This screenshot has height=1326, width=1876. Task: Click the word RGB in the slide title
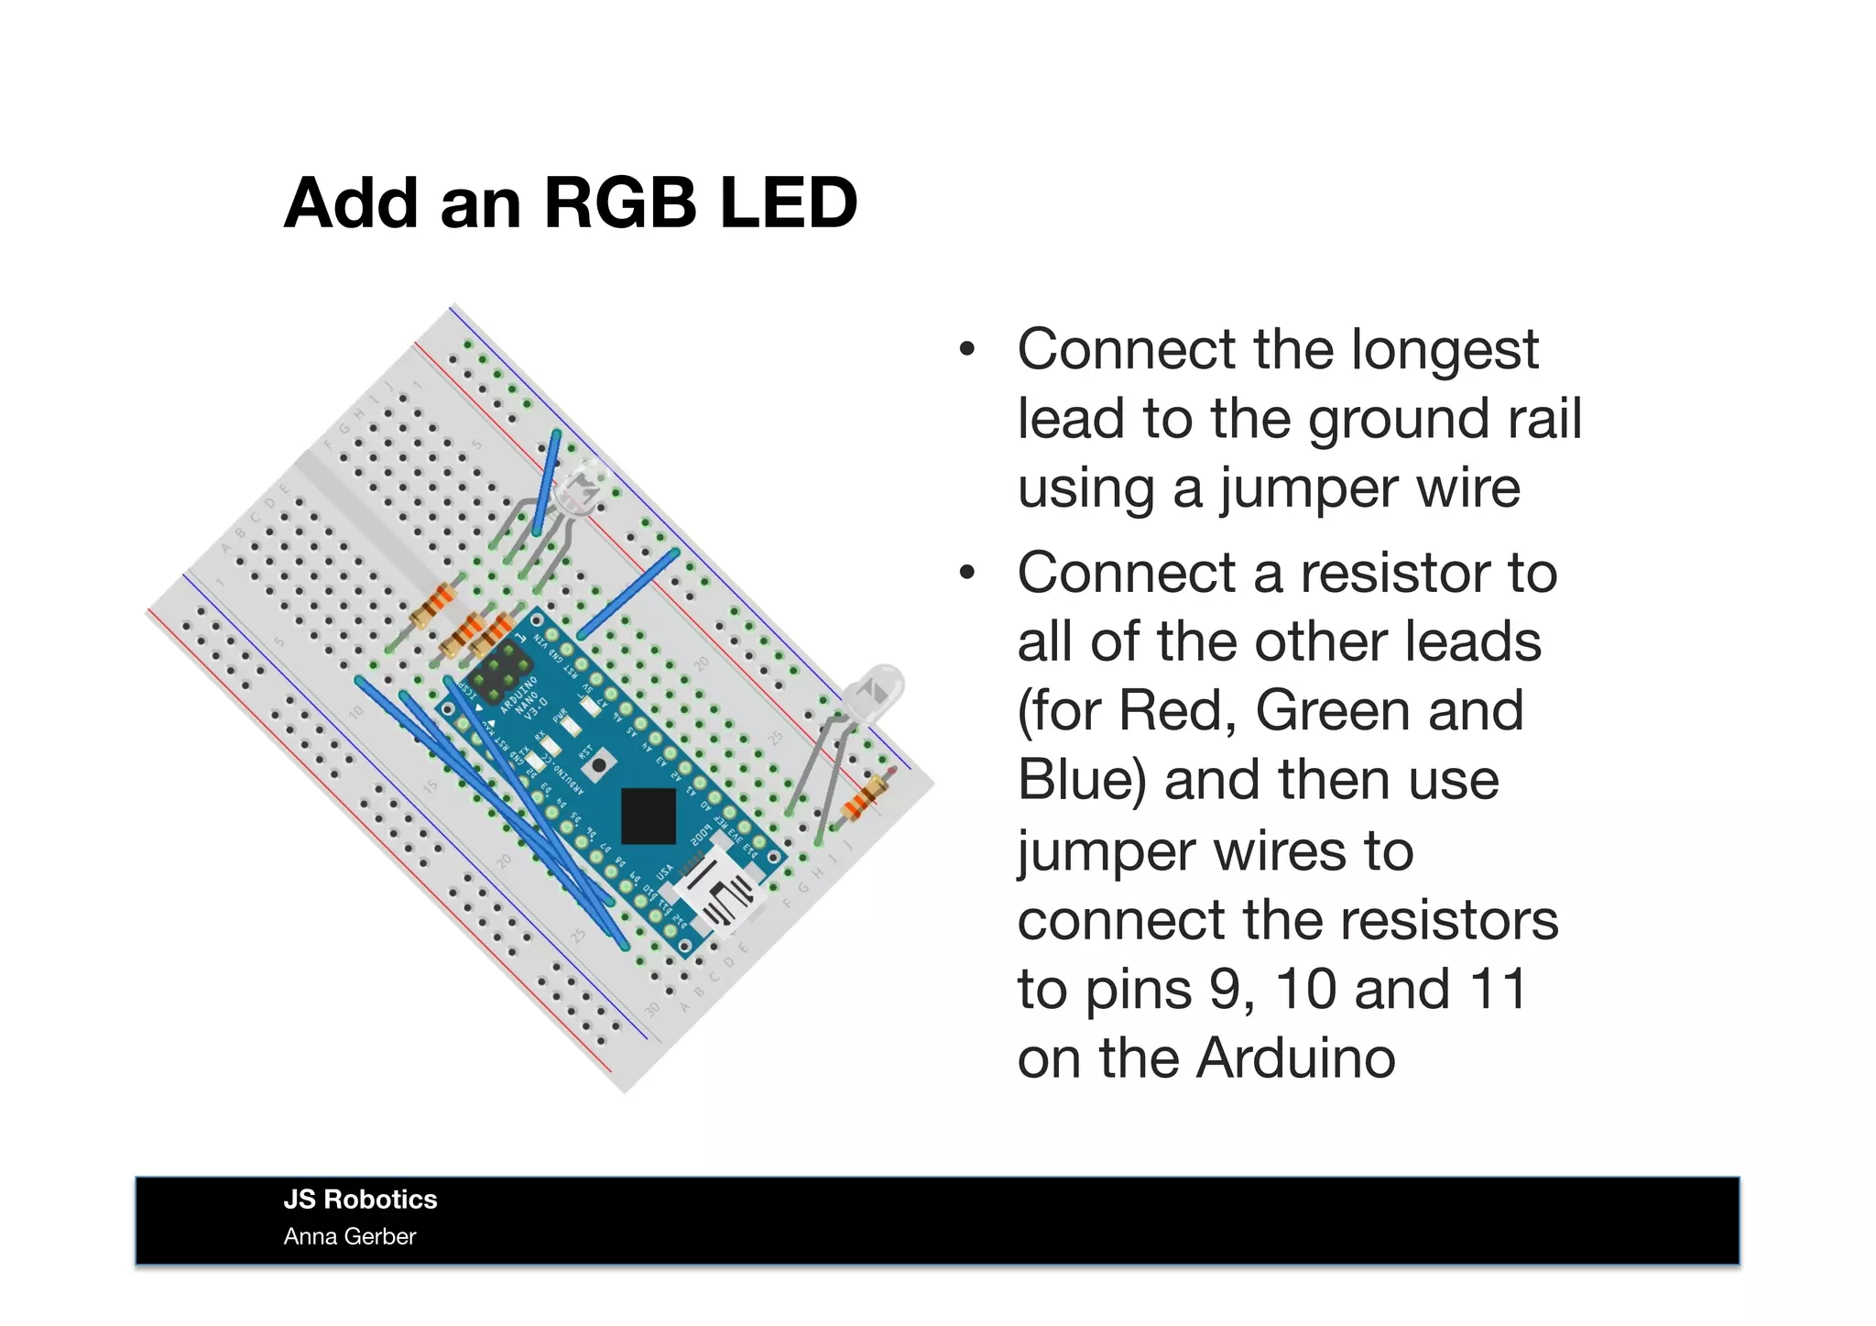620,203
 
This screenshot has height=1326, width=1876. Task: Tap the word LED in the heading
789,203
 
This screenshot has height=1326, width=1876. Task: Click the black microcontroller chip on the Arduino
649,816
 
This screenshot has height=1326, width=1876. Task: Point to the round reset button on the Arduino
598,765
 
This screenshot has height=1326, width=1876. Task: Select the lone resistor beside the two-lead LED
865,795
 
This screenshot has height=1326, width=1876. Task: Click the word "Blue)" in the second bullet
1082,780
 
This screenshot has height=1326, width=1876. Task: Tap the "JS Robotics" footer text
360,1200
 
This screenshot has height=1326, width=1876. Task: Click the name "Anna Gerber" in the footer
349,1237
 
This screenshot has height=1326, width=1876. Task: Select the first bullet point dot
967,351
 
